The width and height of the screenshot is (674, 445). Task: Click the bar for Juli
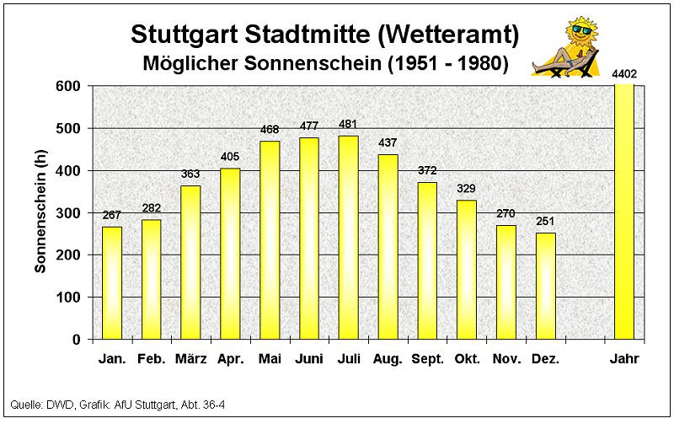[x=348, y=237]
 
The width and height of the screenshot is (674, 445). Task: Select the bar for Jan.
[x=112, y=282]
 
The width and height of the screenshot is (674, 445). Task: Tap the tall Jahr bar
[x=624, y=211]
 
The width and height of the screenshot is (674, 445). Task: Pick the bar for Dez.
[x=545, y=286]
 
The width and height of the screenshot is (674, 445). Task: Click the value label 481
[x=348, y=125]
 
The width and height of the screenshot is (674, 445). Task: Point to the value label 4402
[x=624, y=74]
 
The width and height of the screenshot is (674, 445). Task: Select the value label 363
[x=190, y=174]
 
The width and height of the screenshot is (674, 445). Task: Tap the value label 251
[x=545, y=221]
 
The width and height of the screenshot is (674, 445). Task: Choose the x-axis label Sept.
[x=427, y=359]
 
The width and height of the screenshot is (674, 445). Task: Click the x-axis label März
[x=190, y=359]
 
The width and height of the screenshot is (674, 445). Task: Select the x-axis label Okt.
[x=467, y=359]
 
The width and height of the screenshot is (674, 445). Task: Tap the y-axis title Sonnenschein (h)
[x=40, y=211]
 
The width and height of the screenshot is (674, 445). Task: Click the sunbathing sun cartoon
[x=570, y=46]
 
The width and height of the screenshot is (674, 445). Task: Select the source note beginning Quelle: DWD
[x=117, y=406]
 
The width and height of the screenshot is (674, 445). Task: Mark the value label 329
[x=467, y=188]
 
